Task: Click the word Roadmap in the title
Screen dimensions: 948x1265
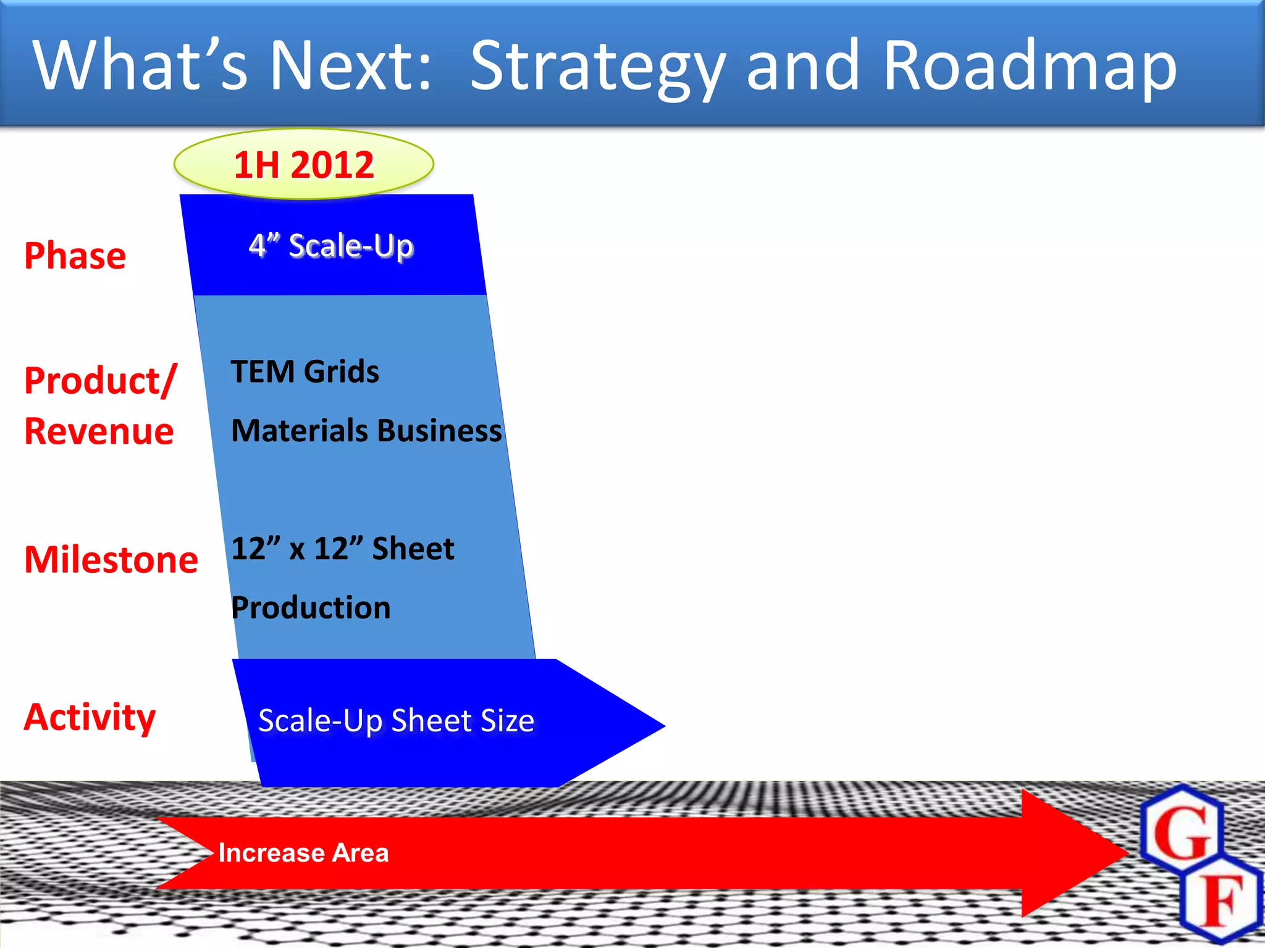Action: click(1030, 65)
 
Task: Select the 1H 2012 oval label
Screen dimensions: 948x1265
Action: click(304, 164)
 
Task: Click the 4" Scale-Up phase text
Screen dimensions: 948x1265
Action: click(331, 246)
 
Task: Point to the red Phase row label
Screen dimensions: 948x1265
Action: click(75, 256)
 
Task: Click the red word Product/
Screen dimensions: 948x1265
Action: click(101, 381)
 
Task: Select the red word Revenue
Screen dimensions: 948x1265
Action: click(99, 431)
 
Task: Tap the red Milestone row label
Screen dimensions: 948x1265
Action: click(111, 560)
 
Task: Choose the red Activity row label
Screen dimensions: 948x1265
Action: click(90, 717)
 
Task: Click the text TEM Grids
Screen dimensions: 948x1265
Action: click(305, 372)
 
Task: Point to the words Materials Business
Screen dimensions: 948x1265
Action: click(366, 430)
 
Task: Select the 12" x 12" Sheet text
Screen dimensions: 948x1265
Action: click(343, 548)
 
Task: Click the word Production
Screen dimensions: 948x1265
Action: click(311, 607)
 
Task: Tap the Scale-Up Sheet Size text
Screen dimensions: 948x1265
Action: click(396, 720)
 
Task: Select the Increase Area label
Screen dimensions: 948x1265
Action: click(303, 853)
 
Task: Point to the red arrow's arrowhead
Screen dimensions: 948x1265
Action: click(1075, 853)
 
